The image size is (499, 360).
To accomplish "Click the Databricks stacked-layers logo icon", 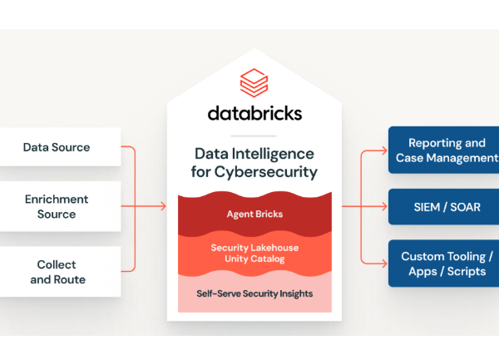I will (x=254, y=84).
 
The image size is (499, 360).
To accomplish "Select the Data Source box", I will (x=57, y=148).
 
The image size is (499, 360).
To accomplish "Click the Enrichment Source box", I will (x=57, y=206).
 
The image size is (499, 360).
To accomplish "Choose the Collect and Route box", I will (x=57, y=272).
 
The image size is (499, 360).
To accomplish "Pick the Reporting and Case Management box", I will (x=444, y=150).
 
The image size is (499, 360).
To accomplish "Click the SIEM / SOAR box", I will (x=444, y=206).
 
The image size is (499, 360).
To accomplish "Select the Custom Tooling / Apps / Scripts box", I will (x=444, y=264).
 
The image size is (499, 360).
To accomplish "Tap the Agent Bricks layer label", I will (x=254, y=214).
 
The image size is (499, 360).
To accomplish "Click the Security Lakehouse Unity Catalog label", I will (x=254, y=254).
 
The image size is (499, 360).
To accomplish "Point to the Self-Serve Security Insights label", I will (x=254, y=293).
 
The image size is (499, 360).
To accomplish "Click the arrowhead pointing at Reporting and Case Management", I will (x=384, y=150).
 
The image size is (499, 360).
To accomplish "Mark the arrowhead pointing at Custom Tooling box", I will (x=384, y=264).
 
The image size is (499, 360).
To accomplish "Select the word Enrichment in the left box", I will (x=57, y=200).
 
